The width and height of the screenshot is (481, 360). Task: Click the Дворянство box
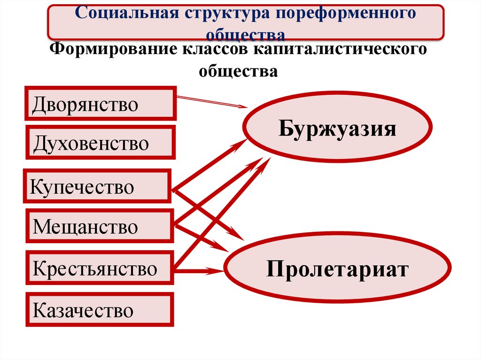click(100, 104)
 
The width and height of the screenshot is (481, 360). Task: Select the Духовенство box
click(100, 142)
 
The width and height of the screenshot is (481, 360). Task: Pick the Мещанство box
click(100, 227)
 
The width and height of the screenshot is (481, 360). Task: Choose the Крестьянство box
click(100, 269)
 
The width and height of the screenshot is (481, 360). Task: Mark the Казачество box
click(100, 310)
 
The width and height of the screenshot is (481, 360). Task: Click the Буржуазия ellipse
click(337, 128)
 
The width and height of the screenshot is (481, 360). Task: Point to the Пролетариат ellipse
click(336, 269)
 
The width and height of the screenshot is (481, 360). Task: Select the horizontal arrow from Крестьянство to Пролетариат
click(197, 270)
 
